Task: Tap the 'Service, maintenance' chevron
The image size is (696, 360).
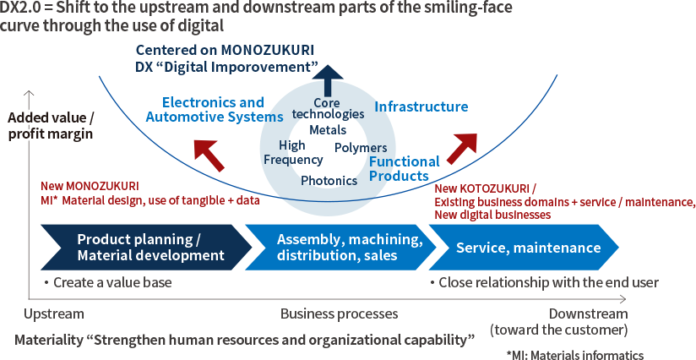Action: coord(529,248)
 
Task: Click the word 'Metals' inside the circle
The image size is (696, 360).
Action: coord(328,130)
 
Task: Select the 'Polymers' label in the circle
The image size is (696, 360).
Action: coord(361,148)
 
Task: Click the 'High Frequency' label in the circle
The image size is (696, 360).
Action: coord(292,153)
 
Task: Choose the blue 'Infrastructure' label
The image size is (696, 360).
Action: coord(421,107)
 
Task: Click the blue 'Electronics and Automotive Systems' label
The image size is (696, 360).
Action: coord(214,110)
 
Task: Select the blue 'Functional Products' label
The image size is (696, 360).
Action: coord(404,168)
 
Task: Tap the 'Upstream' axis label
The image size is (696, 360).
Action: coord(54,314)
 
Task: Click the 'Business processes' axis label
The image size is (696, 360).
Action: coord(339,314)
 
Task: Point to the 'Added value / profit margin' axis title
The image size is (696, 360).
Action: coord(50,125)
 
